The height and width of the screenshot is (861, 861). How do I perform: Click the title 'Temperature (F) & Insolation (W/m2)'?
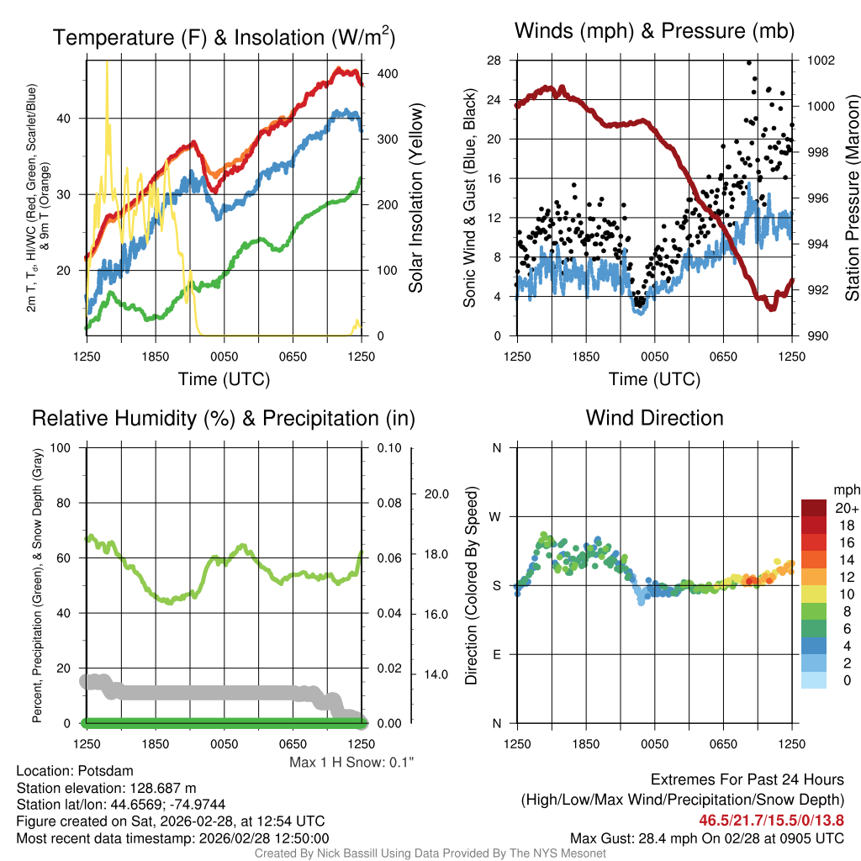pos(224,37)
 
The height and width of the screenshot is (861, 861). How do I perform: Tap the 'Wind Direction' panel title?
pos(654,418)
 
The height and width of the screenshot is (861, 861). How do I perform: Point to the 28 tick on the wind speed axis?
pos(494,61)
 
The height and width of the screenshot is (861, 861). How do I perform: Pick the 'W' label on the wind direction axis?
pos(496,516)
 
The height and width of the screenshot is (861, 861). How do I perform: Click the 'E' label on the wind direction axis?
pos(497,654)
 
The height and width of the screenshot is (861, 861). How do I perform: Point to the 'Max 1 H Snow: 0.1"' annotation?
pos(351,763)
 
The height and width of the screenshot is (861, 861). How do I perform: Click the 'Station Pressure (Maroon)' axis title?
pos(851,198)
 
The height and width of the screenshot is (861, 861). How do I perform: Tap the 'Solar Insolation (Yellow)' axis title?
pos(416,198)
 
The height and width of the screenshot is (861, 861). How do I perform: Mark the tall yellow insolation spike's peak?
pos(107,62)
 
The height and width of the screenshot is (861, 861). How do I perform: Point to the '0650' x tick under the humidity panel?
pos(293,743)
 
